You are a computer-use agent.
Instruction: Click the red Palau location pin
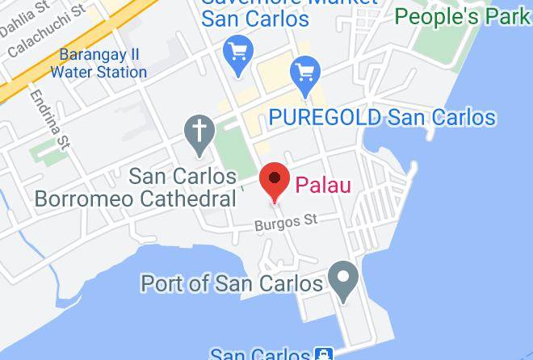tap(275, 180)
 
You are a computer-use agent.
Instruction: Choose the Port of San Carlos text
tap(232, 283)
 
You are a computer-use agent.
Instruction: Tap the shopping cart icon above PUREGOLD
tap(306, 73)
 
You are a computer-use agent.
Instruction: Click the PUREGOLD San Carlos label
tap(382, 118)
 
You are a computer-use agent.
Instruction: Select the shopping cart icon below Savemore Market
tap(239, 53)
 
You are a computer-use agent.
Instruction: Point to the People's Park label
tap(463, 16)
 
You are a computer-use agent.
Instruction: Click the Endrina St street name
tap(47, 119)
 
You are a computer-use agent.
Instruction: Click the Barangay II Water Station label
tap(99, 64)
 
